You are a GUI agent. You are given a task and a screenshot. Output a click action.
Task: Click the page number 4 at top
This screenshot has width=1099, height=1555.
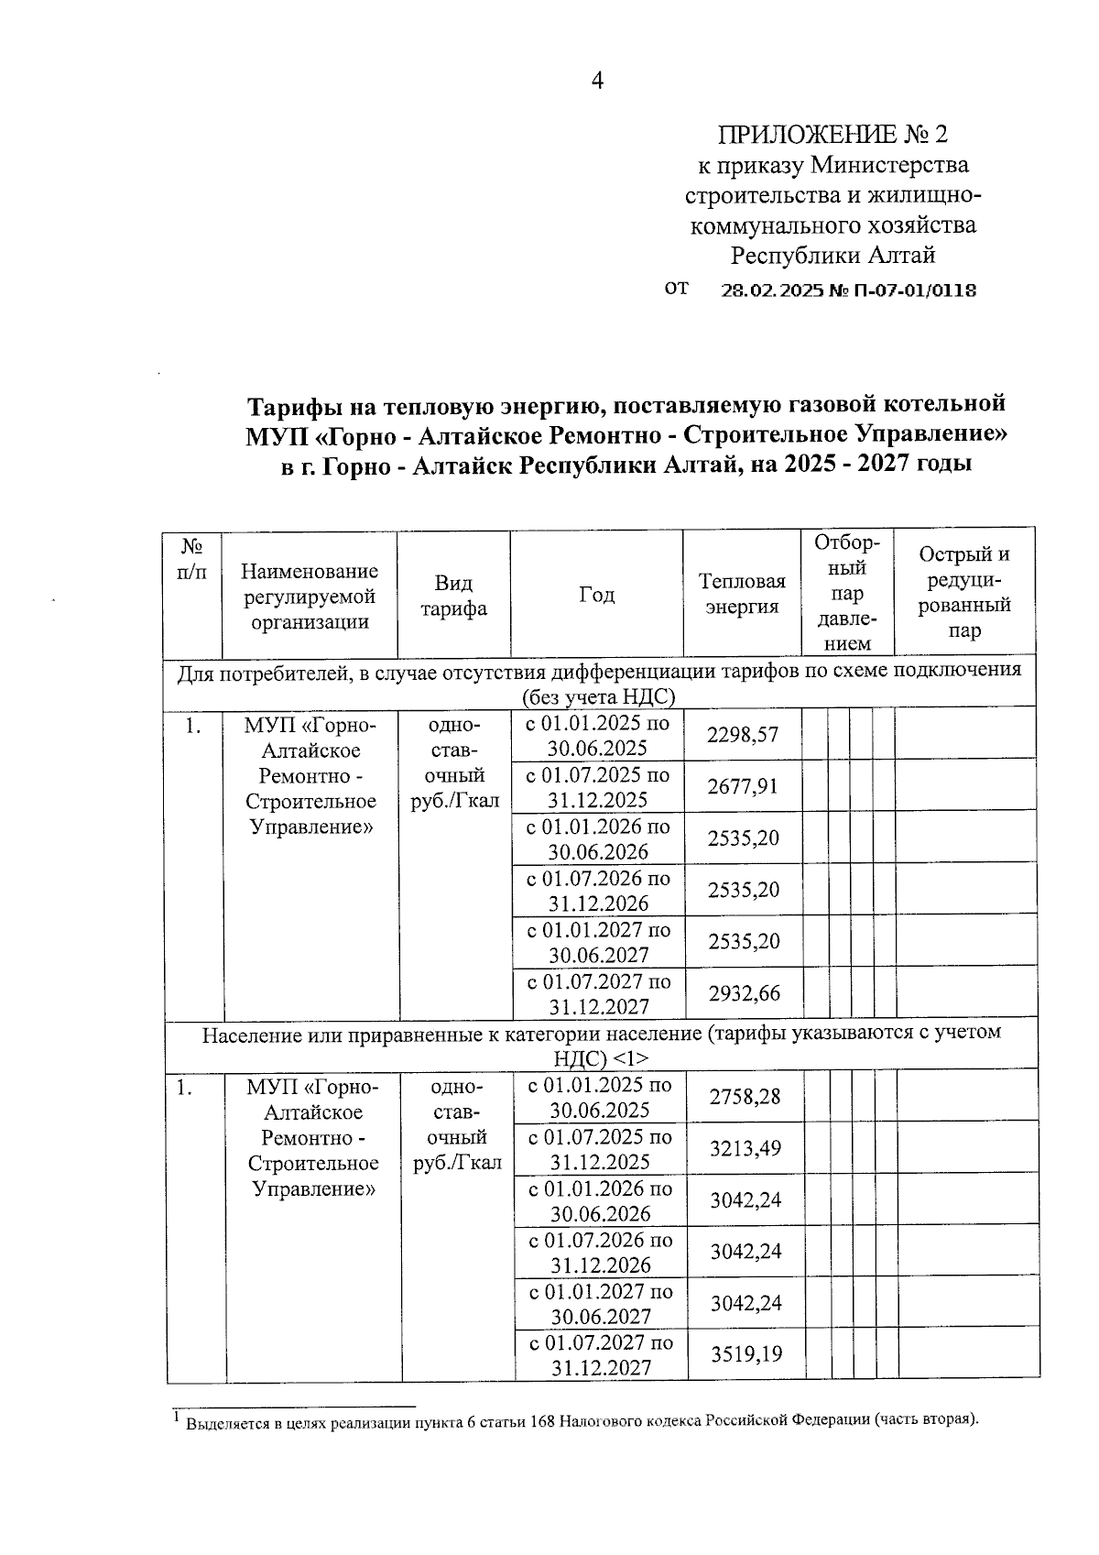click(x=596, y=82)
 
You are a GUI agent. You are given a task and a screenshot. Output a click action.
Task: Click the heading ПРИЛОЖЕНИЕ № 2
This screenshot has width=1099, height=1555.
click(x=832, y=135)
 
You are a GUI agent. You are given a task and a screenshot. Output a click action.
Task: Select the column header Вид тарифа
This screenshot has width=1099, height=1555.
click(x=453, y=597)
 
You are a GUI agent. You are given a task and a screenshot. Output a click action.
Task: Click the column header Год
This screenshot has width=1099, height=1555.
click(x=596, y=595)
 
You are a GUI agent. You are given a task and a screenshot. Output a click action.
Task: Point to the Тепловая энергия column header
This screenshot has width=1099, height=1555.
click(x=742, y=594)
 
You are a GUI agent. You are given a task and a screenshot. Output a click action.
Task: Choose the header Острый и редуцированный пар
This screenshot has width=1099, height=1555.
click(x=964, y=592)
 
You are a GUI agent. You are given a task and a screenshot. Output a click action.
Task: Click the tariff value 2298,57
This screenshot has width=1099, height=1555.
click(x=743, y=735)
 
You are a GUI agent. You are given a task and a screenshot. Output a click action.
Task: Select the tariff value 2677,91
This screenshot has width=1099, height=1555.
click(x=743, y=786)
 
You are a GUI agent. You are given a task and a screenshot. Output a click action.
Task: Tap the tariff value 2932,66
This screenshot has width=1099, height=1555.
click(x=743, y=993)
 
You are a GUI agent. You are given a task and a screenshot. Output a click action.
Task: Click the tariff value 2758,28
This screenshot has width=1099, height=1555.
click(x=745, y=1096)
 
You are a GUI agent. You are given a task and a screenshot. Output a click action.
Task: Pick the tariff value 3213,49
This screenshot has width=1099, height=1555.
click(x=745, y=1148)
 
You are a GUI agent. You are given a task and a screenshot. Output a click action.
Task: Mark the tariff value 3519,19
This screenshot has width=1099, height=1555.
click(x=746, y=1353)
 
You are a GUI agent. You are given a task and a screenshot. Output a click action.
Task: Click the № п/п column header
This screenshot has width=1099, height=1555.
click(x=191, y=559)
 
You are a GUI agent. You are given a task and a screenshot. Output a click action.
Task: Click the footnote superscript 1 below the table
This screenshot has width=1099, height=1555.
click(x=176, y=1417)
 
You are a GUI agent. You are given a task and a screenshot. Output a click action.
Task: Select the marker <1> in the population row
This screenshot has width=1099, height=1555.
click(x=631, y=1057)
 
